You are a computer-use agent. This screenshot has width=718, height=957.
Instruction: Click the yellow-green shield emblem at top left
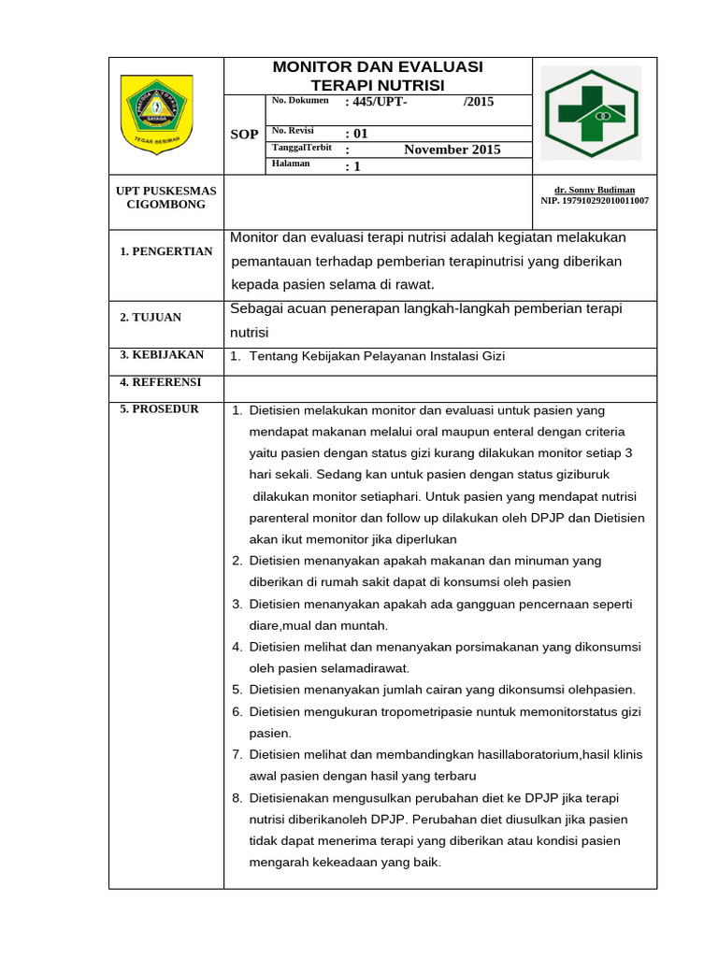click(x=157, y=114)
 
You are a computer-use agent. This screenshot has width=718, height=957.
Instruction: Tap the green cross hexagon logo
click(x=592, y=113)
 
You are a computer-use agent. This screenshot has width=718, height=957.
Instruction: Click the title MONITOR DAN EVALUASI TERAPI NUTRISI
click(x=377, y=76)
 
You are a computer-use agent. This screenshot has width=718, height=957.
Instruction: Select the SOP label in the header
click(x=244, y=135)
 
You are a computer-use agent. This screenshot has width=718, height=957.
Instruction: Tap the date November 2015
click(x=452, y=150)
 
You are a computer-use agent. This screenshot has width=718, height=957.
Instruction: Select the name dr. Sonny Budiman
click(x=594, y=190)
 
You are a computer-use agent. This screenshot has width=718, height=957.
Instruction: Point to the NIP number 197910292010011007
click(x=595, y=201)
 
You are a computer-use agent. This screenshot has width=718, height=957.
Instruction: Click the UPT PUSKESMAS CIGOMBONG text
click(x=165, y=197)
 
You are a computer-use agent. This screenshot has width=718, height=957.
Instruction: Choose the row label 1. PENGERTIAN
click(x=166, y=251)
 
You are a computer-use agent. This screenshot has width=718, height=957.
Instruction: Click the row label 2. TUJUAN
click(x=151, y=318)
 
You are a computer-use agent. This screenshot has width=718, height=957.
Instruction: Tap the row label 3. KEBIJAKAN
click(x=162, y=355)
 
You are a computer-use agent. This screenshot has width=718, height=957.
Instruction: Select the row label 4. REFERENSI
click(x=160, y=382)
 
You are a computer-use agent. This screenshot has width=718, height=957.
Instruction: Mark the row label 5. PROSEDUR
click(x=159, y=409)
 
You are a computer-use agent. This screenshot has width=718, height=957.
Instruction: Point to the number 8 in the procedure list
click(x=237, y=798)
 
